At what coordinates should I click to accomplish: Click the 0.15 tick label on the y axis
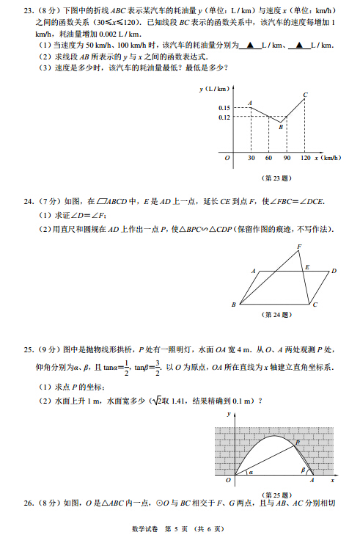point(224,109)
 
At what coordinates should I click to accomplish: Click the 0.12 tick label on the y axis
point(224,117)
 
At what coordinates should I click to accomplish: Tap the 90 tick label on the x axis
point(287,158)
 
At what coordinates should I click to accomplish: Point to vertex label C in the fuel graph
point(305,95)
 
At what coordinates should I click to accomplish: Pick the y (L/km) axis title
point(214,89)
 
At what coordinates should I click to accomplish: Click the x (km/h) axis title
point(327,158)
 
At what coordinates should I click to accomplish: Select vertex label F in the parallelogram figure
point(299,246)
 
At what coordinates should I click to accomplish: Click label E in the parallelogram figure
point(306,267)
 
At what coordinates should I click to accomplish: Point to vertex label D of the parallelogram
point(334,271)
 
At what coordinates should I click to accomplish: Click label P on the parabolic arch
point(298,442)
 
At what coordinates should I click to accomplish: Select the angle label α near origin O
point(249,473)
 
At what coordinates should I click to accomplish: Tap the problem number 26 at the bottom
point(29,503)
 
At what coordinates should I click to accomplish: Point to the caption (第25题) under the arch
point(282,494)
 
